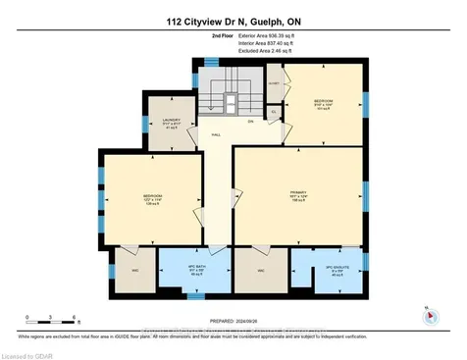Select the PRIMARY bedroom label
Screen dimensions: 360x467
pyautogui.click(x=298, y=193)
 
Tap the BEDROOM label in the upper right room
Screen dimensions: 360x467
pyautogui.click(x=324, y=103)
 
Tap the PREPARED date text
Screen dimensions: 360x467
pyautogui.click(x=233, y=320)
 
